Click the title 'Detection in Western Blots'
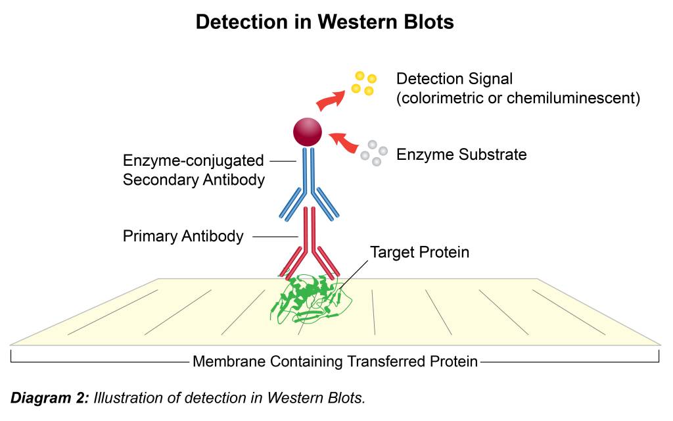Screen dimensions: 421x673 tap(325, 22)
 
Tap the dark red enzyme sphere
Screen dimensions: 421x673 tap(308, 132)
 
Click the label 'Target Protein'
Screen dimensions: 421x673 tap(419, 253)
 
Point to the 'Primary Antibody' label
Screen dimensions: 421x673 tap(183, 236)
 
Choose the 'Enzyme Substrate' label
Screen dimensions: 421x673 tap(461, 155)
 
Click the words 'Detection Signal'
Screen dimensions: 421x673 tap(454, 79)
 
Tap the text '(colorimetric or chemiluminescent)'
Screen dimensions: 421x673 tap(518, 99)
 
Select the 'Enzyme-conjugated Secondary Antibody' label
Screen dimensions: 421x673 tap(193, 170)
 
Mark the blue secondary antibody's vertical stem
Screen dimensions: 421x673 tap(308, 171)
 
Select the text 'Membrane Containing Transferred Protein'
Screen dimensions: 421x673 tap(335, 361)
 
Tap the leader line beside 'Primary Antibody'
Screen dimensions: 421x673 tap(274, 236)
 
